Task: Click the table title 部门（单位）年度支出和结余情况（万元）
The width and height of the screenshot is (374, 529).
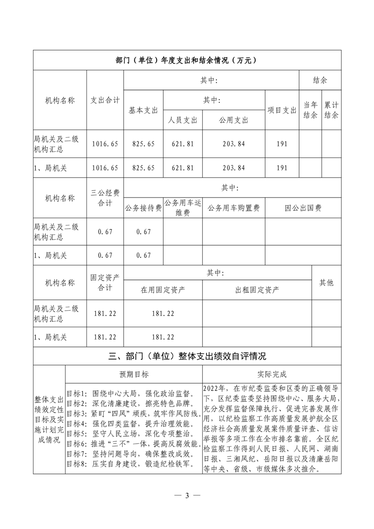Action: pos(187,60)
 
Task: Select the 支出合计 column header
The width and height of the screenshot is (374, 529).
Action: pos(105,100)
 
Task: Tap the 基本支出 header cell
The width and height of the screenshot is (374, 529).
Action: pos(143,110)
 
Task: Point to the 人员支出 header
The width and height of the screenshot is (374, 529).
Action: pos(183,120)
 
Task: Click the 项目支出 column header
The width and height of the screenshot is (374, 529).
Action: pos(282,110)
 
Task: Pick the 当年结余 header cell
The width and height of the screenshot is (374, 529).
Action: pos(310,110)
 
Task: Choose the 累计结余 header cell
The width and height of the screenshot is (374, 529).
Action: pos(332,110)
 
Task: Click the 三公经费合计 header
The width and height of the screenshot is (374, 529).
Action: pos(105,198)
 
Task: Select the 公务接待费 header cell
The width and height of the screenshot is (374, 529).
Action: pos(143,207)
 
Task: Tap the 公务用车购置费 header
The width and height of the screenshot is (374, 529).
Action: pos(233,207)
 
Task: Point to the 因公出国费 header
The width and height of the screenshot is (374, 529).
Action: pos(303,207)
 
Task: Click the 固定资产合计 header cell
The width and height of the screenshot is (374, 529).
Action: pos(105,282)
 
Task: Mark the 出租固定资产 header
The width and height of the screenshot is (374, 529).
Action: pos(257,289)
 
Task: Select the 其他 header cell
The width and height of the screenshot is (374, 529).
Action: pos(326,282)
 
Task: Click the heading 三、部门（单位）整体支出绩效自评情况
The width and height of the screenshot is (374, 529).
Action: pos(187,355)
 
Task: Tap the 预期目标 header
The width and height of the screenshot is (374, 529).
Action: pos(133,374)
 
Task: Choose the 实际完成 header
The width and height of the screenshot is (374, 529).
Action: pos(272,374)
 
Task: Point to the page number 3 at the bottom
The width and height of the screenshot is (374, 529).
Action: pos(187,496)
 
